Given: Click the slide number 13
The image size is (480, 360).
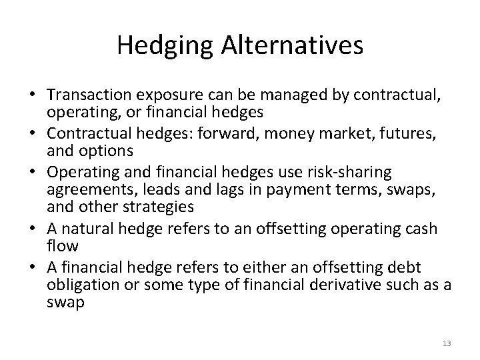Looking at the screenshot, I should pos(447,343).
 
